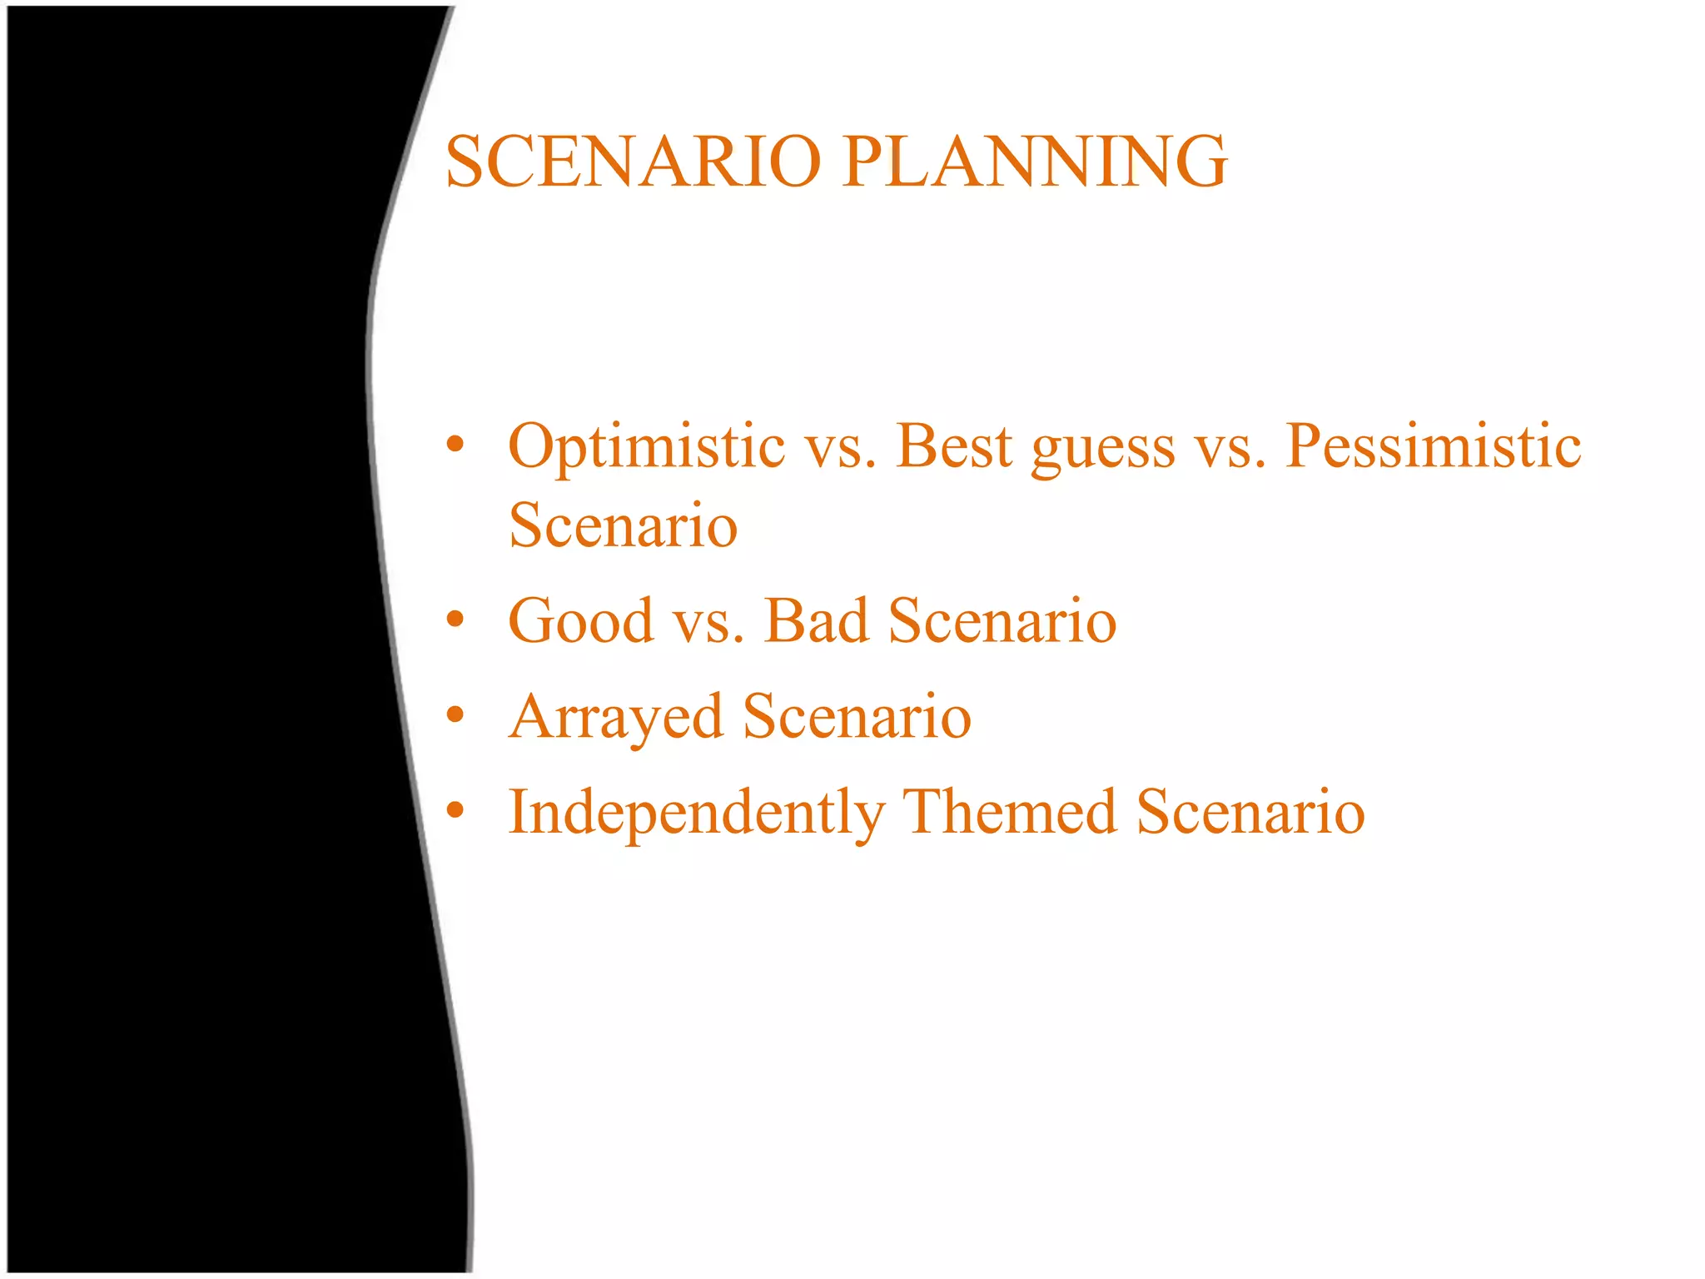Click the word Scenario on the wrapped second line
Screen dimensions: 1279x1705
tap(624, 525)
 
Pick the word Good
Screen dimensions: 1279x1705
tap(581, 621)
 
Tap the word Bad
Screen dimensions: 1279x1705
tap(817, 621)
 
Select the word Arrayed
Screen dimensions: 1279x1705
tap(616, 718)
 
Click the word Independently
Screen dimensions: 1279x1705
tap(697, 813)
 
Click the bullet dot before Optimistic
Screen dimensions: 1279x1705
tap(455, 445)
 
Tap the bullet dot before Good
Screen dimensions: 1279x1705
tap(455, 619)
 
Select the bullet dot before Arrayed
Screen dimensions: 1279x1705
tap(455, 714)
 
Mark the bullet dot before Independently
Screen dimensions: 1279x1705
tap(455, 809)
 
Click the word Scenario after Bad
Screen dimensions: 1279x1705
tap(1002, 621)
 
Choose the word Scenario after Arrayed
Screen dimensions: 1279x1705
tap(857, 717)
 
